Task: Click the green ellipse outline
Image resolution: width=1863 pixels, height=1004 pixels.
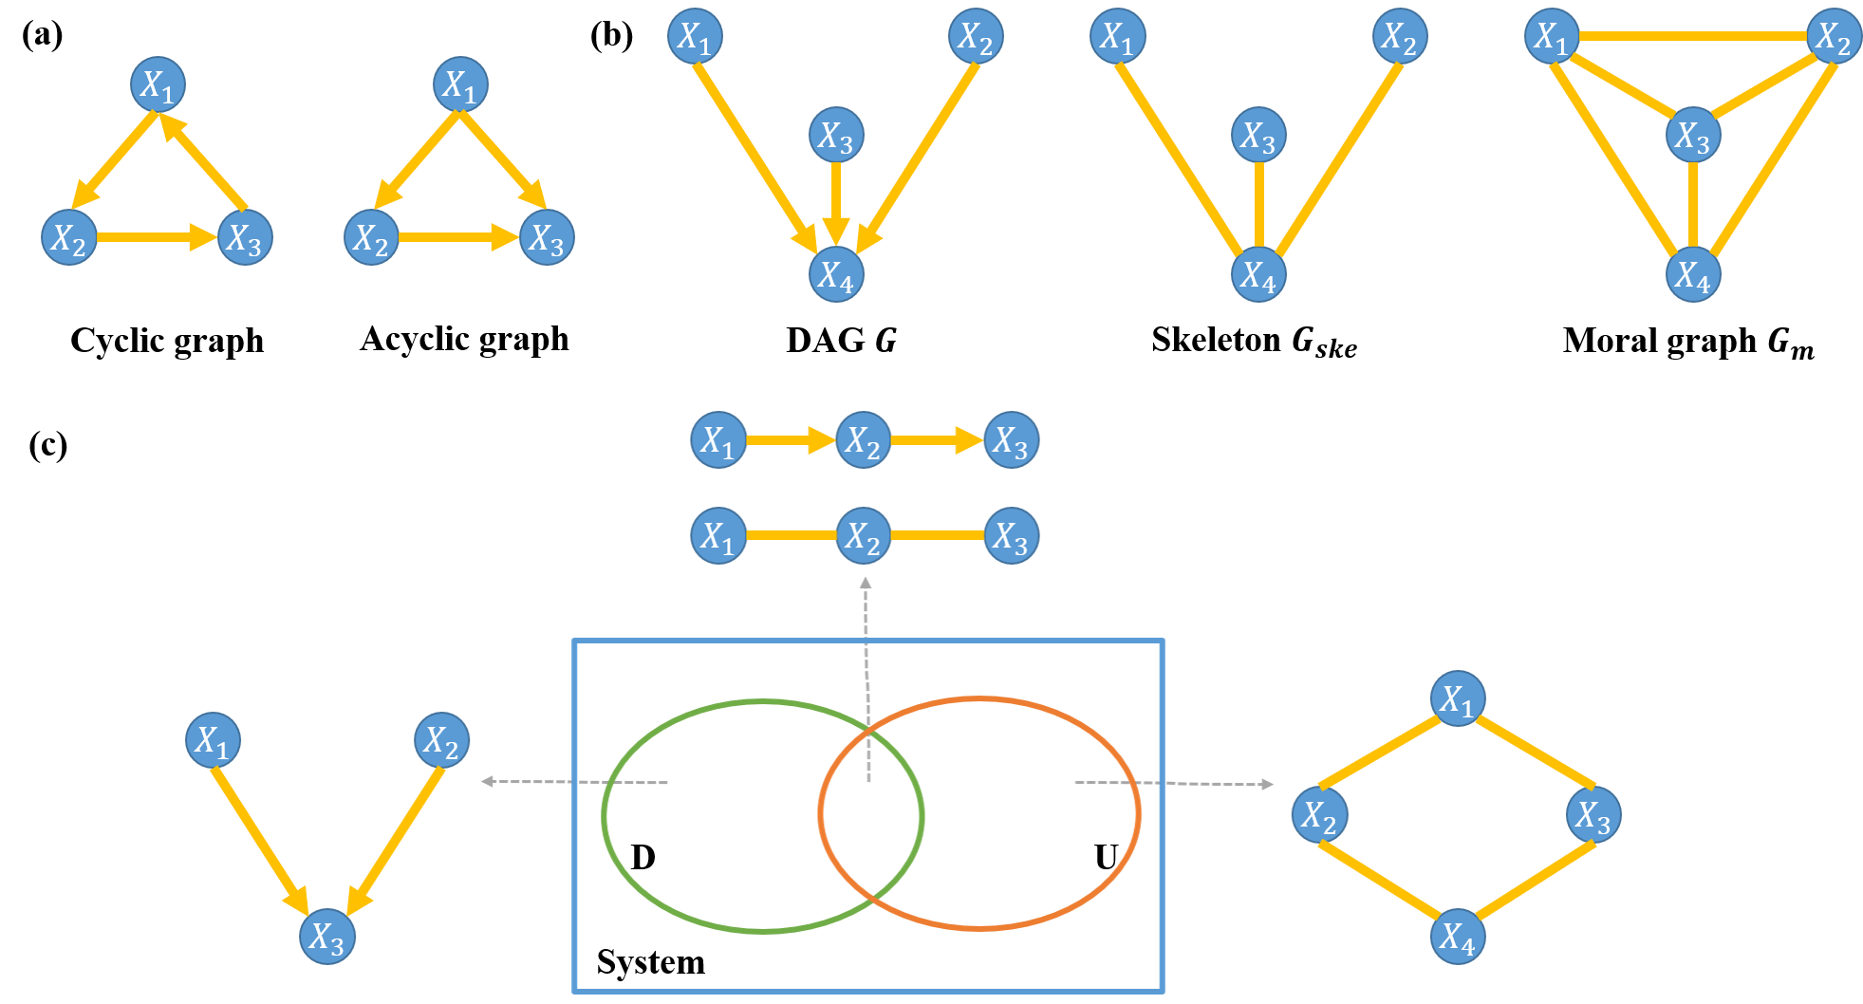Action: click(x=605, y=816)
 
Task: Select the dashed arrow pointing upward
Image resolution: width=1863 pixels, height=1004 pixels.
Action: click(x=866, y=664)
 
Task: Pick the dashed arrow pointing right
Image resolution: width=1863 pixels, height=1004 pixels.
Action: click(x=1177, y=783)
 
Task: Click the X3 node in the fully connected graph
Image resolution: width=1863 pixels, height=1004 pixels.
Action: click(x=1693, y=135)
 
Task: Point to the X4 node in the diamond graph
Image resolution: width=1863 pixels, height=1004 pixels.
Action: click(x=1458, y=937)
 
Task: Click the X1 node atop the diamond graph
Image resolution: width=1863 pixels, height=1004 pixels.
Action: click(x=1458, y=699)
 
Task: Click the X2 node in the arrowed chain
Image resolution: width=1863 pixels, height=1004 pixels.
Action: click(x=863, y=440)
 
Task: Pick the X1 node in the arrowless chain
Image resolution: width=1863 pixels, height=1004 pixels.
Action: click(x=718, y=536)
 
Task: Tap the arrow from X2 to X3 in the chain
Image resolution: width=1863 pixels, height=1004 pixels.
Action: click(x=936, y=440)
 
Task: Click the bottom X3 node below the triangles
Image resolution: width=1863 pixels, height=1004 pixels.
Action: click(x=327, y=937)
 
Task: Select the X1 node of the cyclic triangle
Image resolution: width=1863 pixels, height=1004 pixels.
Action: click(x=158, y=84)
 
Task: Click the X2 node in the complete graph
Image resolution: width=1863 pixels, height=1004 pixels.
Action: click(x=1833, y=36)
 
